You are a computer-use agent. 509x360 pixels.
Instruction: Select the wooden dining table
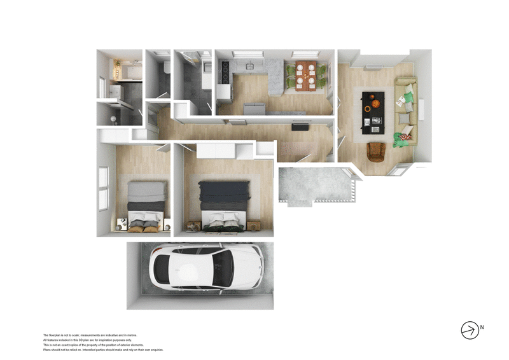coord(307,75)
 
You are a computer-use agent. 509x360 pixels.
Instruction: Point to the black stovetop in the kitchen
coord(223,71)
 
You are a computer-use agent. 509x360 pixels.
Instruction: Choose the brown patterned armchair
coord(377,152)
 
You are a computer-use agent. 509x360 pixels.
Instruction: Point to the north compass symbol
coord(470,330)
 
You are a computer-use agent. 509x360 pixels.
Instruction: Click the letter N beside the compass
coord(482,328)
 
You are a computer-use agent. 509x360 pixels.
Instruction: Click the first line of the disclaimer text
coord(90,335)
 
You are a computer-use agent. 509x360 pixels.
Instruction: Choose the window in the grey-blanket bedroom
coord(103,188)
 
